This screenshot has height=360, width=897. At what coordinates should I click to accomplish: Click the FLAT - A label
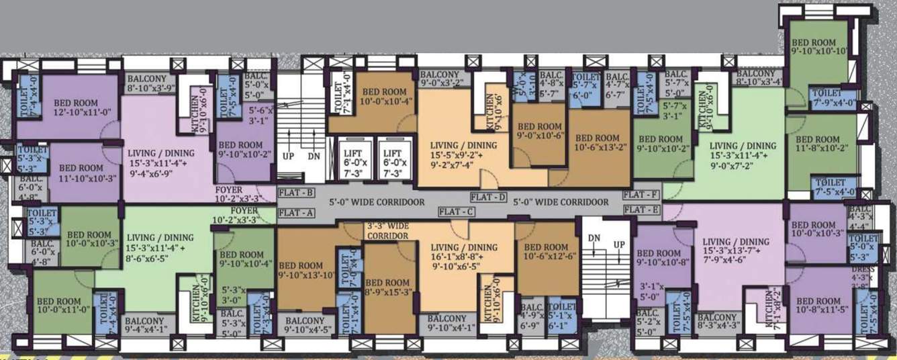pyautogui.click(x=296, y=214)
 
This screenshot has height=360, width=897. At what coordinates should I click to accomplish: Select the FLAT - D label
pyautogui.click(x=488, y=197)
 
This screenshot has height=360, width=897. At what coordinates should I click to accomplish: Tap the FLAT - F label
pyautogui.click(x=641, y=195)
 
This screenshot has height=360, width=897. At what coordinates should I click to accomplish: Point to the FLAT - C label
pyautogui.click(x=457, y=212)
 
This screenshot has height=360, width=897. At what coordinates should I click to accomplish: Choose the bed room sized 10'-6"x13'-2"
pyautogui.click(x=598, y=143)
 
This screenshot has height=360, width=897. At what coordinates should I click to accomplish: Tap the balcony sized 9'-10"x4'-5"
pyautogui.click(x=305, y=324)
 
